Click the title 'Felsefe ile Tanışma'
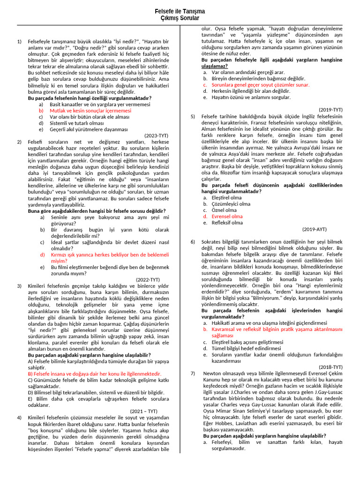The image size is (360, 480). pyautogui.click(x=180, y=12)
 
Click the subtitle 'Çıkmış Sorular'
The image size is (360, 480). pyautogui.click(x=180, y=18)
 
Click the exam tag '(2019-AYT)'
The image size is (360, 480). pyautogui.click(x=315, y=229)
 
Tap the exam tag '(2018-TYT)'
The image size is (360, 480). pyautogui.click(x=330, y=367)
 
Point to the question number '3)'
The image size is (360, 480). pyautogui.click(x=19, y=285)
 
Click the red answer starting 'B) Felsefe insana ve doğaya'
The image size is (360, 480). pyautogui.click(x=94, y=374)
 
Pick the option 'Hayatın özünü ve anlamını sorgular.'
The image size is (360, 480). pyautogui.click(x=251, y=97)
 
